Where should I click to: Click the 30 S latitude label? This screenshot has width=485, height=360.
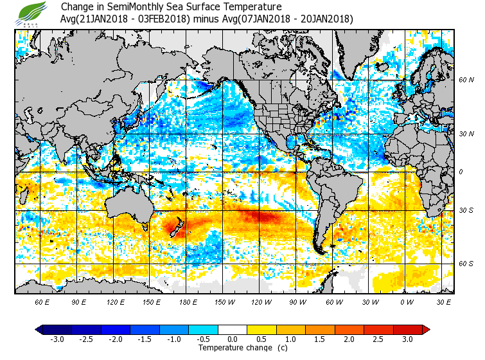(x=466, y=211)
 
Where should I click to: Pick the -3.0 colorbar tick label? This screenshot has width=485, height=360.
(x=57, y=339)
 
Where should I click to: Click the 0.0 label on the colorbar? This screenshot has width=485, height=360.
(x=233, y=339)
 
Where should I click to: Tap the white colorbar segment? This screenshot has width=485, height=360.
(x=233, y=329)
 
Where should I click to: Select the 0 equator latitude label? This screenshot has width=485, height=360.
(x=460, y=172)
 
